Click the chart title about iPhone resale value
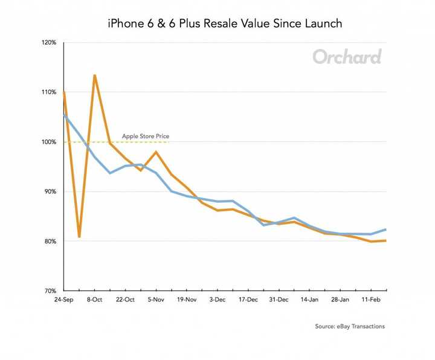pyautogui.click(x=224, y=24)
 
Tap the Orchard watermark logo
pyautogui.click(x=347, y=57)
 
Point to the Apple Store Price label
pyautogui.click(x=146, y=137)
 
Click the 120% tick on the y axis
pyautogui.click(x=49, y=43)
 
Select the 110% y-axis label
pyautogui.click(x=49, y=92)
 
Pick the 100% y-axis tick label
pyautogui.click(x=49, y=142)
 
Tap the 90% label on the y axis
pyautogui.click(x=50, y=191)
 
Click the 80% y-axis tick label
pyautogui.click(x=50, y=241)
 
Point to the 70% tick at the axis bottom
pyautogui.click(x=50, y=291)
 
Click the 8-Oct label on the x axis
pyautogui.click(x=95, y=300)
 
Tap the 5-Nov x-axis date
pyautogui.click(x=156, y=300)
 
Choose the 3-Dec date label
pyautogui.click(x=217, y=300)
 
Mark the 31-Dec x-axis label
pyautogui.click(x=279, y=300)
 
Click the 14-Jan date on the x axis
pyautogui.click(x=310, y=300)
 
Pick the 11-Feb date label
pyautogui.click(x=372, y=300)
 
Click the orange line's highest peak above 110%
pyautogui.click(x=95, y=76)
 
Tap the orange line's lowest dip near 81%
pyautogui.click(x=79, y=237)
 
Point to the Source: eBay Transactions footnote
pyautogui.click(x=349, y=326)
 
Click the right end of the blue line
pyautogui.click(x=386, y=230)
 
